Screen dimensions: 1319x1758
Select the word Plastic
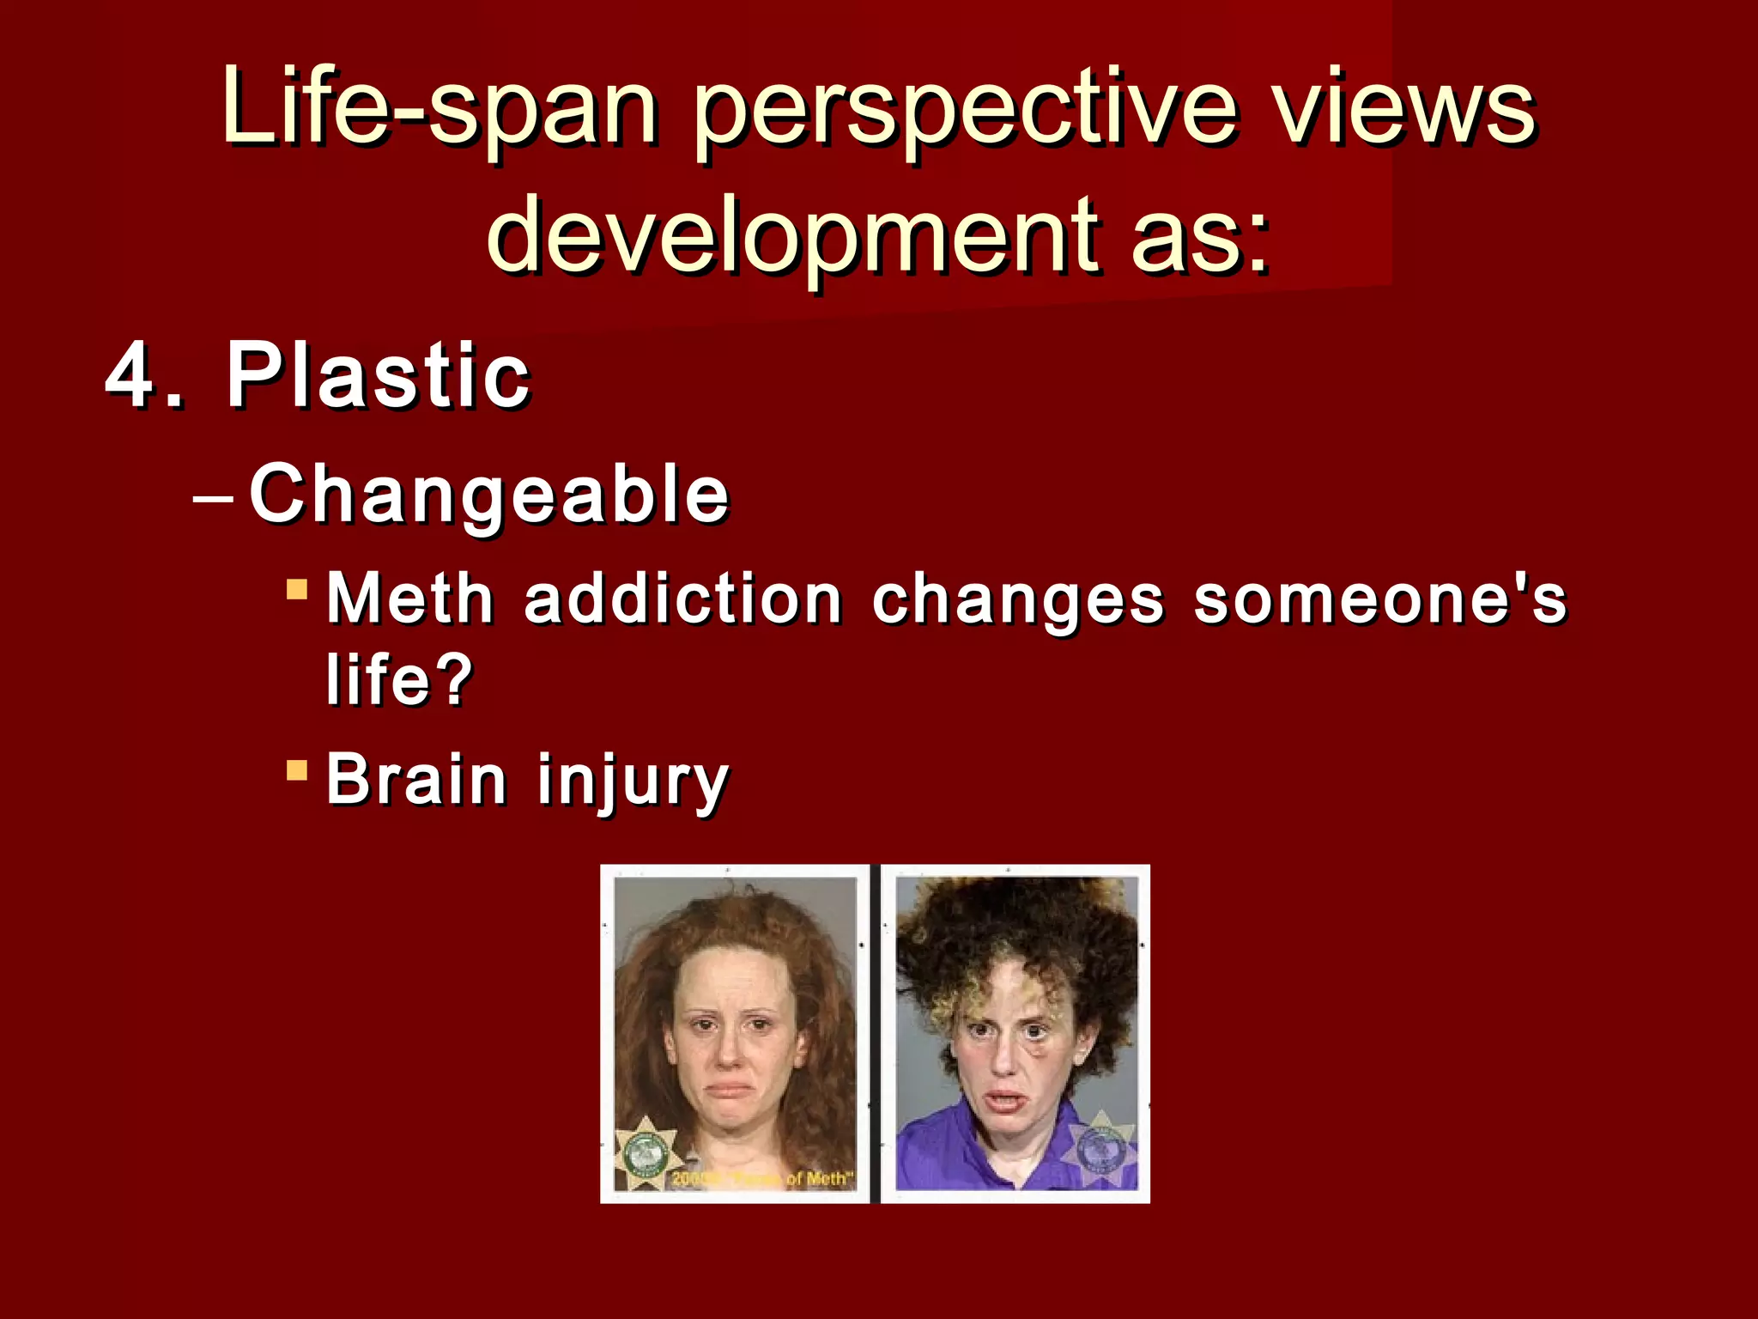pos(378,375)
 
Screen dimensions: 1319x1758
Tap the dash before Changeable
pos(213,497)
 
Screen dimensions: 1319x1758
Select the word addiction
pos(682,599)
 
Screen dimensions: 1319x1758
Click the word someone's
pos(1379,599)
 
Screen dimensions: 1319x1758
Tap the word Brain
pos(416,780)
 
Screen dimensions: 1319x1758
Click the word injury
pos(633,781)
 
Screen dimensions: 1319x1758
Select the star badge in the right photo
pos(1099,1147)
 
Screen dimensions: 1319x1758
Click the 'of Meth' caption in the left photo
pos(820,1179)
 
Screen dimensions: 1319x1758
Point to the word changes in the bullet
pos(1018,599)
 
